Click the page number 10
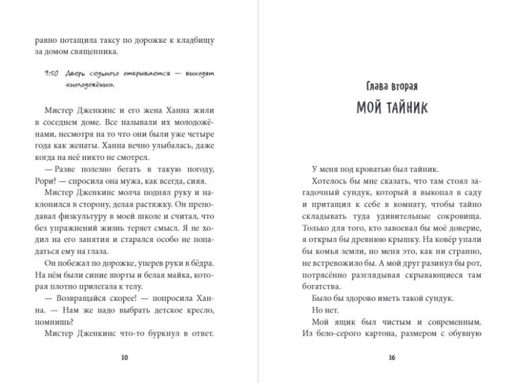[124, 357]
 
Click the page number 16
[392, 357]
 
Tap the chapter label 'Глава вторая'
[392, 88]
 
